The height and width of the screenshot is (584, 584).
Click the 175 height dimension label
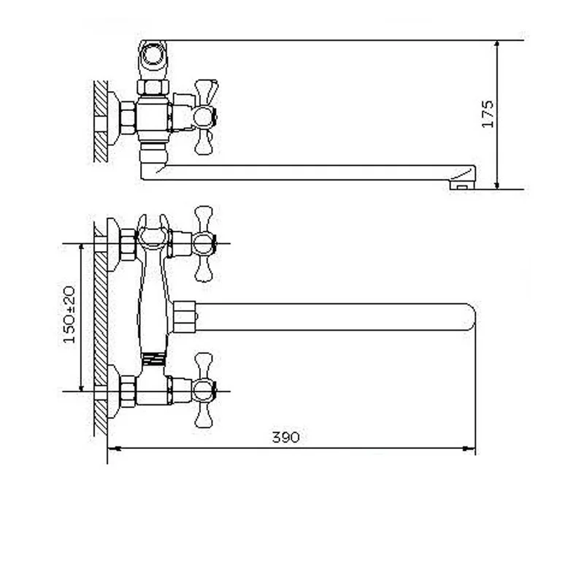[x=488, y=114]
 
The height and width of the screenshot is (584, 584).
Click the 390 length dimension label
[x=285, y=437]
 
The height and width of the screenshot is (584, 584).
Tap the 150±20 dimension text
[x=69, y=315]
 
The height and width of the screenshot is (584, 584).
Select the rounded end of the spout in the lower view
[x=470, y=317]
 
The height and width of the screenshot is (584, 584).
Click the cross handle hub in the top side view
[x=204, y=117]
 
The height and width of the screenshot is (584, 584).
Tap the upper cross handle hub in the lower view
[x=204, y=244]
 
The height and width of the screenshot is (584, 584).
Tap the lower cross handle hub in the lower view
[x=204, y=391]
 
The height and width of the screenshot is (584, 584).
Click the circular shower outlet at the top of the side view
[x=153, y=56]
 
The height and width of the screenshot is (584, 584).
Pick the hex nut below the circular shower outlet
[x=153, y=88]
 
